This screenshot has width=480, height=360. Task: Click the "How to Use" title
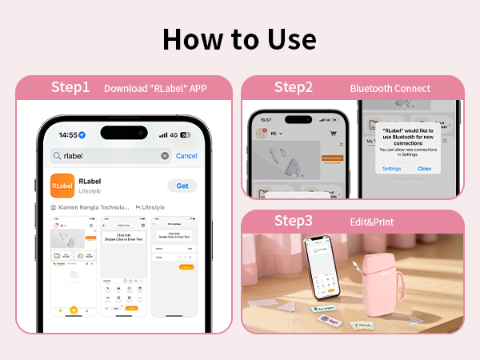(240, 38)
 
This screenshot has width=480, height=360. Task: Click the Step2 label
(294, 87)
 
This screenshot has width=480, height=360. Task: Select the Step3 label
(294, 222)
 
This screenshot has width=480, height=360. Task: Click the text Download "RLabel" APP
(155, 89)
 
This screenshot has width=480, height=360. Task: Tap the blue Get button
(182, 186)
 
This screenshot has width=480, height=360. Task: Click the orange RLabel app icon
(63, 186)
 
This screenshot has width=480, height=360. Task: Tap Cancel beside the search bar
(186, 156)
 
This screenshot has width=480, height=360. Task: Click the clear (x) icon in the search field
(165, 156)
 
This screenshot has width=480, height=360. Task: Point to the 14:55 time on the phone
(67, 135)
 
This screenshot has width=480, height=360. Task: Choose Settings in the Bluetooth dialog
(391, 169)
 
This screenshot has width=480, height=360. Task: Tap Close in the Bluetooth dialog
(424, 169)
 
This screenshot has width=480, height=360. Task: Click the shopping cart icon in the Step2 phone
(333, 134)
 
